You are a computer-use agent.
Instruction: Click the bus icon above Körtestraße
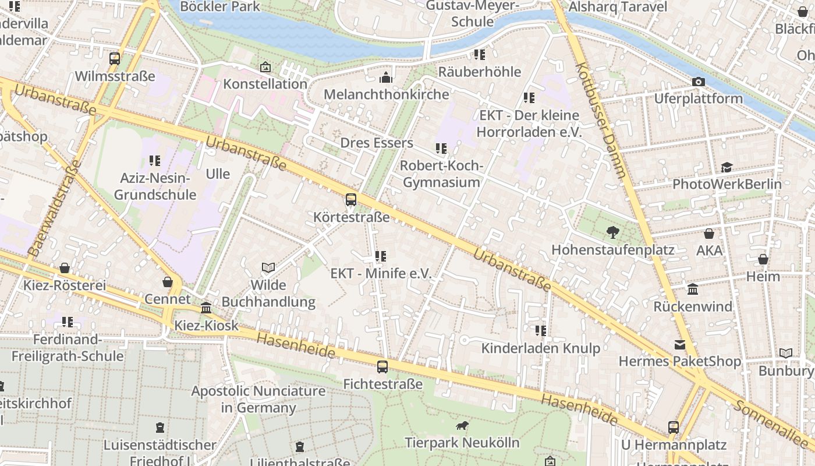coord(351,200)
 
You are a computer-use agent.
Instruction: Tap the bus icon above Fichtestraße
coord(382,366)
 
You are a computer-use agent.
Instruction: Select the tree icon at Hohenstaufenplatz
coord(612,232)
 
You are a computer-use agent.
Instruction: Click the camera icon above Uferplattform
coord(699,82)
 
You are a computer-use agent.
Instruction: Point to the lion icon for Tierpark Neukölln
coord(463,426)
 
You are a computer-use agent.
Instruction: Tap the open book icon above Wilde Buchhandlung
coord(268,267)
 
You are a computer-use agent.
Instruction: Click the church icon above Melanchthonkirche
coord(386,77)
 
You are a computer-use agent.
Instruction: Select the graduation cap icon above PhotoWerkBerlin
coord(727,168)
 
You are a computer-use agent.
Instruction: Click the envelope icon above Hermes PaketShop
coord(680,345)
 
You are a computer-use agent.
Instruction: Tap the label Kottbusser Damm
coord(600,119)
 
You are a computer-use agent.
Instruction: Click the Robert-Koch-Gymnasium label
coord(442,174)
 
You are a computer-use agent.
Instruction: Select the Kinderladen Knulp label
coord(540,348)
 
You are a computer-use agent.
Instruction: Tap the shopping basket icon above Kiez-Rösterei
coord(65,268)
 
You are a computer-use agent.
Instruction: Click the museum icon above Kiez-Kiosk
coord(206,308)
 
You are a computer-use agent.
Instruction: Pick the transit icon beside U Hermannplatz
coord(674,427)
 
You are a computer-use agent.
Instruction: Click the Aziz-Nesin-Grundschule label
coord(155,186)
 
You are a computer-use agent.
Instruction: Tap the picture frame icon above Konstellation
coord(265,67)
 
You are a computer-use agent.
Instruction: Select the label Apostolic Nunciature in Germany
coord(258,399)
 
